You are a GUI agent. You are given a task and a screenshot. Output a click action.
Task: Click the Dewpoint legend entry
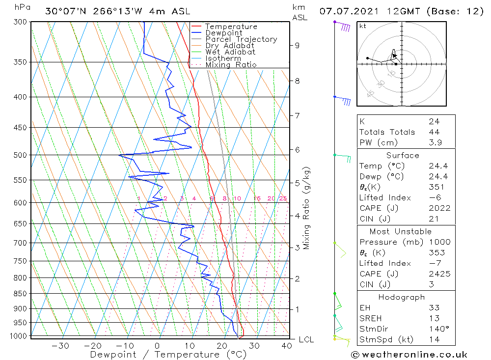click(224, 33)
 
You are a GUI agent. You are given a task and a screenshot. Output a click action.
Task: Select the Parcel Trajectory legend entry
click(241, 39)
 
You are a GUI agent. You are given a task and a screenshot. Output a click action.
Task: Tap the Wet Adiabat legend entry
click(230, 52)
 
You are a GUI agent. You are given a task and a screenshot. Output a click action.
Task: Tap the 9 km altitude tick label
click(297, 45)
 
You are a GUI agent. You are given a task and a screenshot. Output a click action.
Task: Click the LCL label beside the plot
click(306, 340)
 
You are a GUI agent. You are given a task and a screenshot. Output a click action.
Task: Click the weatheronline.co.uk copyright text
click(409, 355)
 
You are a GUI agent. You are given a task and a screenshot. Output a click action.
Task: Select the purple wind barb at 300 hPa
click(344, 27)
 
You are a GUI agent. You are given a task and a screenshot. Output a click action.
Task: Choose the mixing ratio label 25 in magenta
click(283, 198)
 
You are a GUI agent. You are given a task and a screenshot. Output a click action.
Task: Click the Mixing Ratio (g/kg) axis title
click(306, 208)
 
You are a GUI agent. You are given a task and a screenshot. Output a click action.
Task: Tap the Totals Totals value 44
click(434, 132)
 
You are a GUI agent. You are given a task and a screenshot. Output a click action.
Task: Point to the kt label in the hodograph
click(362, 26)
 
